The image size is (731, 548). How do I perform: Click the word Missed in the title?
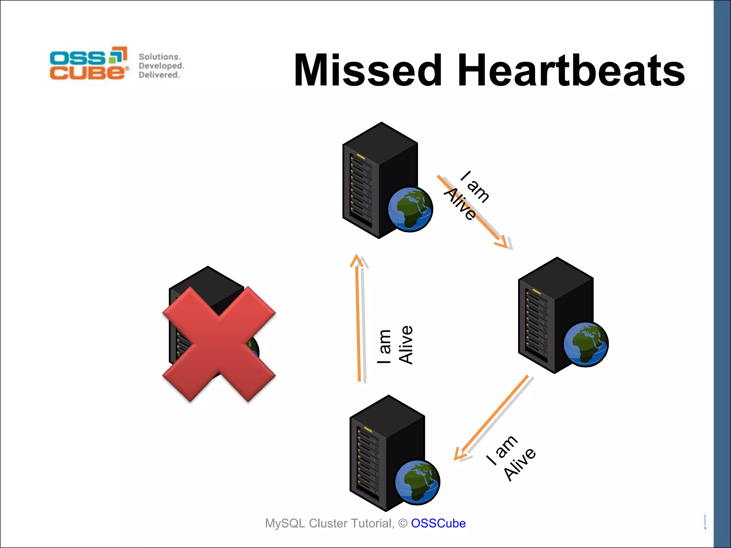coord(368,70)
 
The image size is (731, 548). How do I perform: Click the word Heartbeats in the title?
coord(571,70)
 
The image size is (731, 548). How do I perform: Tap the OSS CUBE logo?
coord(89,63)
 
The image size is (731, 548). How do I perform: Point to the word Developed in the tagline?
coord(161,66)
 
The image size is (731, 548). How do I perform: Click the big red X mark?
coord(219,344)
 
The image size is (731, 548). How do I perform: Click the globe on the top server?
coord(410,209)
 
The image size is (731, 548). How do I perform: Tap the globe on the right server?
coord(586,344)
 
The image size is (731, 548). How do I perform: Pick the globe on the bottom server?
coord(418,482)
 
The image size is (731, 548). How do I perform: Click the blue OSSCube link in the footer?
coord(438,523)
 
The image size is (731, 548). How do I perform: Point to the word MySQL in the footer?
coord(285,523)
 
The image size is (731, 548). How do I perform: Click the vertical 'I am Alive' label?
coord(395,345)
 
